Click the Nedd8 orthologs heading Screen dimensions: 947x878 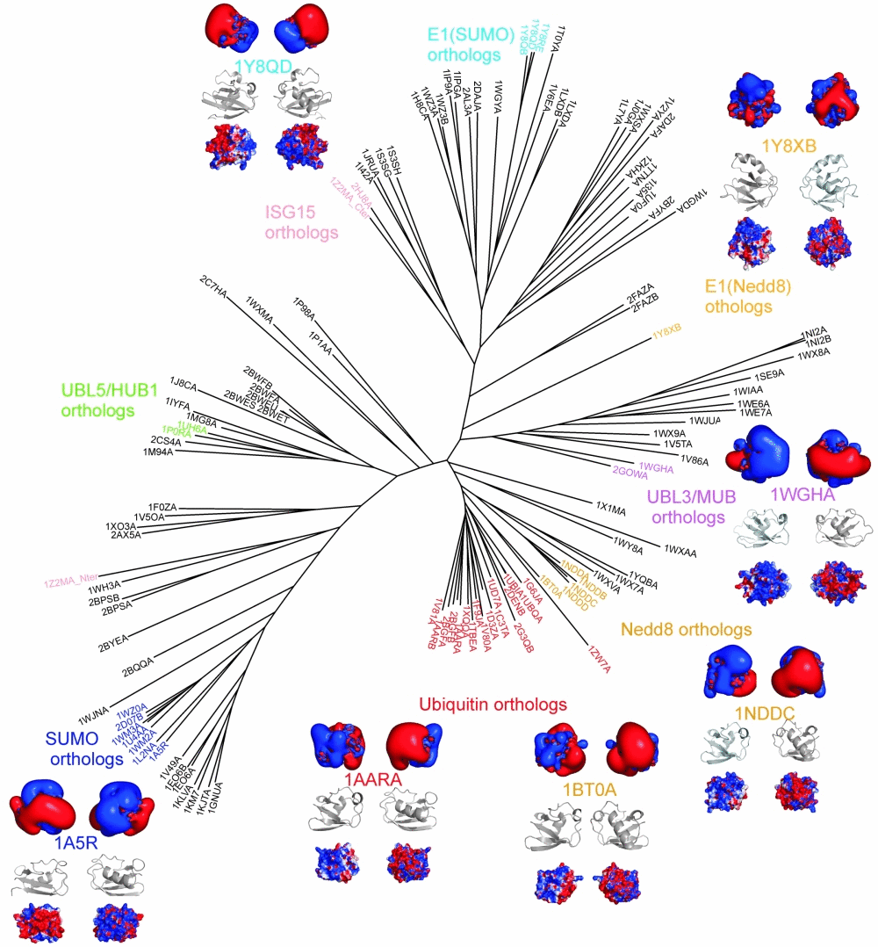(686, 630)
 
